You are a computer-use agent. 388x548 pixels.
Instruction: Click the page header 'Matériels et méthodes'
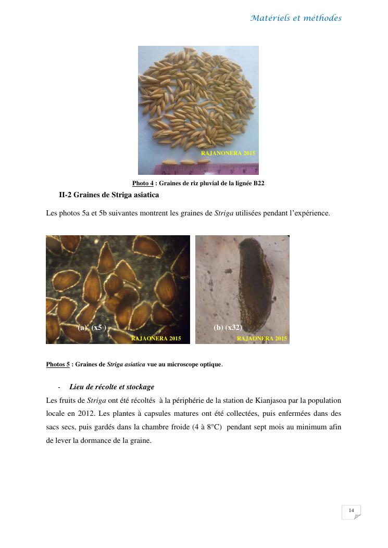(296, 18)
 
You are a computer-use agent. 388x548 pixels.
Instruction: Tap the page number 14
(351, 511)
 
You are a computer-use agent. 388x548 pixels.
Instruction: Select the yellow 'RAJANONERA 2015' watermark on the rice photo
(228, 154)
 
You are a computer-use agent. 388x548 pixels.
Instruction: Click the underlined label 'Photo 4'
(143, 183)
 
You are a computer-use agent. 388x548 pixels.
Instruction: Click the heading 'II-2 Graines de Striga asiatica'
(109, 195)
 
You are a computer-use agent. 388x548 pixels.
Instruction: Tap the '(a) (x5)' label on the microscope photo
(92, 327)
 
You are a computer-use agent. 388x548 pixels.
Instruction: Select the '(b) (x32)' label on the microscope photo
(228, 327)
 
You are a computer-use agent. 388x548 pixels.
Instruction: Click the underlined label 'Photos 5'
(58, 364)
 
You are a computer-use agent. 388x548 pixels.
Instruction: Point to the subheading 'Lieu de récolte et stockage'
(111, 387)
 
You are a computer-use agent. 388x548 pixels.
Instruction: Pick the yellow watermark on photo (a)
(156, 338)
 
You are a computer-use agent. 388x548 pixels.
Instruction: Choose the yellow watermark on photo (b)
(262, 338)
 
